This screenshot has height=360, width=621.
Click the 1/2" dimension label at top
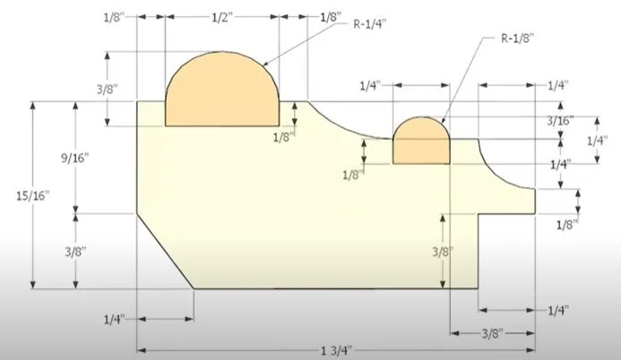(x=223, y=17)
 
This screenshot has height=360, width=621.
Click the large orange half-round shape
(x=222, y=94)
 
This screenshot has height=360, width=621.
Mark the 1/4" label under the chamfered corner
(x=114, y=319)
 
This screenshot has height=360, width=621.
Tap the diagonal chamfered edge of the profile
(x=164, y=252)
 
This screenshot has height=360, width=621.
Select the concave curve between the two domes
(x=345, y=125)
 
